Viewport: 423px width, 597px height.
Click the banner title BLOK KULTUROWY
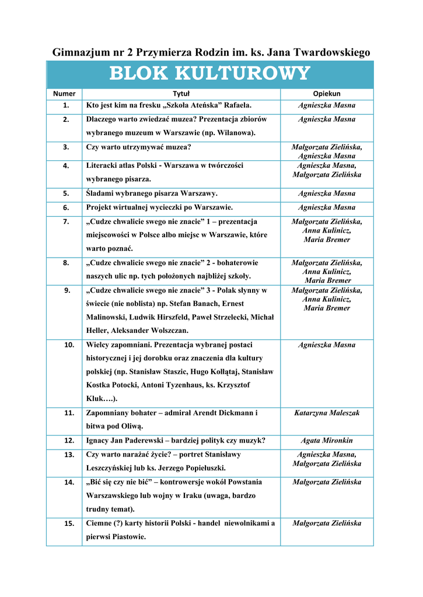[209, 74]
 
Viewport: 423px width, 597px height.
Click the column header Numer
[64, 93]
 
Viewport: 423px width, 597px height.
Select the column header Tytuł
[181, 93]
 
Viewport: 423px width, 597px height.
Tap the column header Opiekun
[327, 93]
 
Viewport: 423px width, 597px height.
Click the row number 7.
[66, 222]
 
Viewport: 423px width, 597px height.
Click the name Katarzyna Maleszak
[327, 413]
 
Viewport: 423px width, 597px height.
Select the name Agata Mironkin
[327, 440]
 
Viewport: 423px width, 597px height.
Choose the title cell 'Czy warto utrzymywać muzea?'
[139, 147]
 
